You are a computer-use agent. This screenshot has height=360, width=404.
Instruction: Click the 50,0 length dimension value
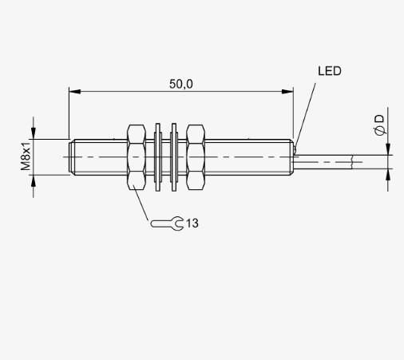tap(181, 84)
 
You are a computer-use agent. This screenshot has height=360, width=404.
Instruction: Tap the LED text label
tap(330, 71)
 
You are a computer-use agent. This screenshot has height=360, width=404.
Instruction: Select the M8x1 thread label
tap(26, 156)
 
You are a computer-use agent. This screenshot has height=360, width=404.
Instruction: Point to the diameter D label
tap(380, 125)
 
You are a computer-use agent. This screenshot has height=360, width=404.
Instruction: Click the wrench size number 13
tap(192, 224)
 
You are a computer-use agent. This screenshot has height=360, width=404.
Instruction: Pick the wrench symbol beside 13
tap(168, 224)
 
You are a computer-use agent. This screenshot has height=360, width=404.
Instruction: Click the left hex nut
tap(137, 157)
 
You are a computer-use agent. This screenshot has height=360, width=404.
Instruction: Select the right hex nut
tap(196, 157)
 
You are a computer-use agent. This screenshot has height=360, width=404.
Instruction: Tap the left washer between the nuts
tap(158, 157)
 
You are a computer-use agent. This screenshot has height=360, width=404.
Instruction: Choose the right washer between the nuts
tap(174, 157)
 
